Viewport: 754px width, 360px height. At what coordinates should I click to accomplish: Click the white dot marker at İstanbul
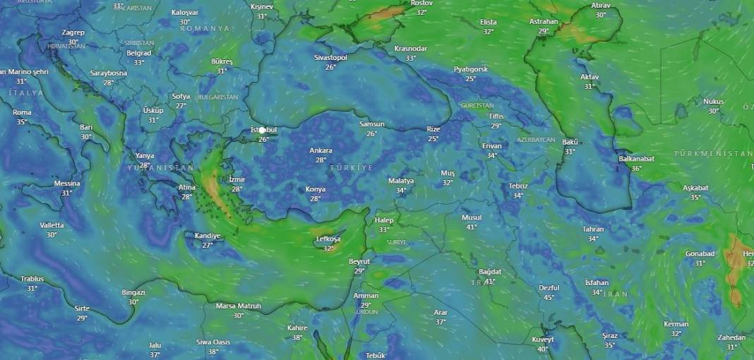click(263, 130)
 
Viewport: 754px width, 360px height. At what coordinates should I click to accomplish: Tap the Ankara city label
click(321, 150)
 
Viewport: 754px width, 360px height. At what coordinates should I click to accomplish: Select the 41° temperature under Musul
click(471, 227)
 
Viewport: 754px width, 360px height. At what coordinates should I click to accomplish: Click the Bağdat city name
click(489, 272)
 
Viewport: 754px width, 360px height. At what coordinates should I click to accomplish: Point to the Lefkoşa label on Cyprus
click(328, 239)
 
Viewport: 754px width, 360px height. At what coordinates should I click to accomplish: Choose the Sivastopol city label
click(330, 58)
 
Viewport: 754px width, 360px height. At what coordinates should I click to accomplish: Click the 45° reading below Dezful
click(549, 297)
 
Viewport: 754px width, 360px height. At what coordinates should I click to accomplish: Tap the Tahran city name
click(593, 229)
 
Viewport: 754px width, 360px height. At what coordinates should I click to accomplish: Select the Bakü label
click(570, 143)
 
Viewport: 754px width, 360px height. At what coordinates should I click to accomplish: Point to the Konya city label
click(316, 189)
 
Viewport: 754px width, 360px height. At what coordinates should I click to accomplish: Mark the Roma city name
click(22, 112)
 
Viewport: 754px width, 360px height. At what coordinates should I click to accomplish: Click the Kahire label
click(297, 328)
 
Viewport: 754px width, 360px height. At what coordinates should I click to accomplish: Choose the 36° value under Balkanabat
click(636, 168)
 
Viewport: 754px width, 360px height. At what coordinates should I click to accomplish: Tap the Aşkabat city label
click(695, 188)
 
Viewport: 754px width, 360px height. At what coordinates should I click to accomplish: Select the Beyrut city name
click(359, 262)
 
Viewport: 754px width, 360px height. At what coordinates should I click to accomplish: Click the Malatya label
click(401, 181)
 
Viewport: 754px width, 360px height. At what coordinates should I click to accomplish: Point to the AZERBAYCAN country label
click(536, 140)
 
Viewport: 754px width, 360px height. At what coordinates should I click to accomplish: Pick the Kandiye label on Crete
click(208, 236)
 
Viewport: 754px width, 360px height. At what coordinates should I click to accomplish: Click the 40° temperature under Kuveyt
click(543, 349)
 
